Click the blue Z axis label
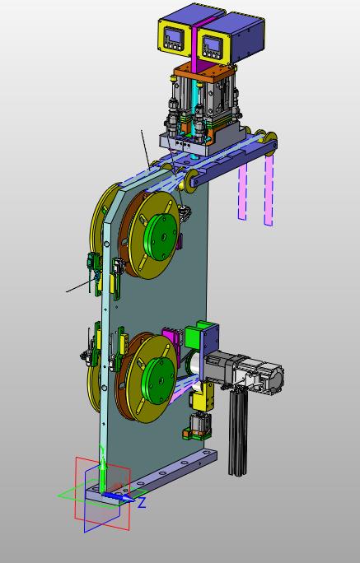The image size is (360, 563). (142, 502)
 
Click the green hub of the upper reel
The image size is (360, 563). (161, 237)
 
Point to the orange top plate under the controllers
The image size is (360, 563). (203, 74)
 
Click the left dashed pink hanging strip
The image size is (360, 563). (242, 191)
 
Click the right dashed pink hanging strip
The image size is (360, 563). (269, 191)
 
